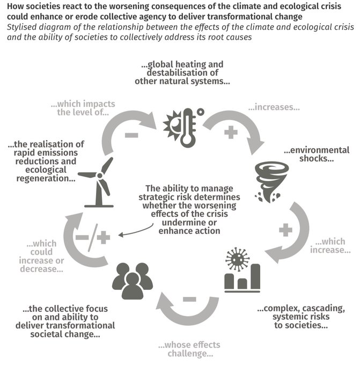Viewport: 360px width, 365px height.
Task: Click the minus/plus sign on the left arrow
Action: point(90,237)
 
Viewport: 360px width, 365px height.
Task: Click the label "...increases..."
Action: point(273,107)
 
